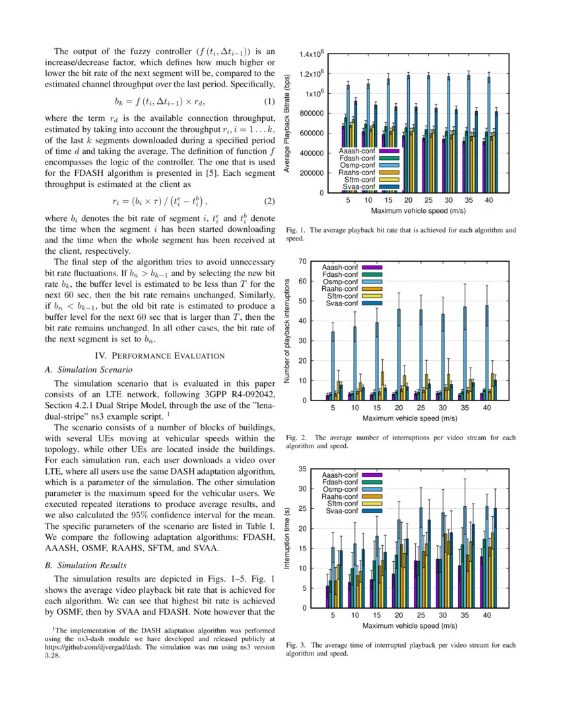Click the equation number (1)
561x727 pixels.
point(269,102)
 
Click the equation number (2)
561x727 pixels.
point(269,201)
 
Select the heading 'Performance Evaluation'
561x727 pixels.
point(161,356)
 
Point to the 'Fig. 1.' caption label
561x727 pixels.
point(296,231)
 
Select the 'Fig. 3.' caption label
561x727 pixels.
point(296,644)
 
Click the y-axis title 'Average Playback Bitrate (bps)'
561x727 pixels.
point(287,124)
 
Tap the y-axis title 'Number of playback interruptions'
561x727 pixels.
point(287,330)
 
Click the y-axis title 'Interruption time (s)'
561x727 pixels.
point(287,538)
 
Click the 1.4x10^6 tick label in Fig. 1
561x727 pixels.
point(311,54)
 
